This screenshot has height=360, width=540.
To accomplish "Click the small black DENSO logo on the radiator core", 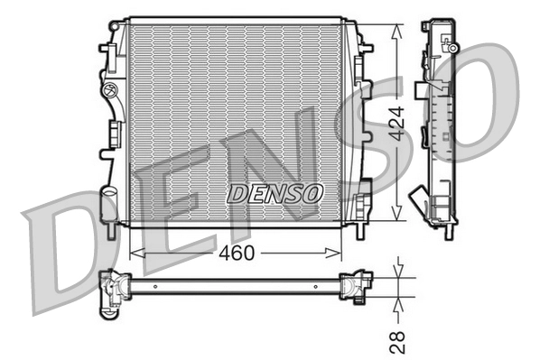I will pos(274,193).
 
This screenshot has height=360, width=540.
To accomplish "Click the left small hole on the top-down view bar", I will pos(154,286).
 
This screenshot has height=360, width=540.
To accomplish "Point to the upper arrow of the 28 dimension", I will pos(400,273).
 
